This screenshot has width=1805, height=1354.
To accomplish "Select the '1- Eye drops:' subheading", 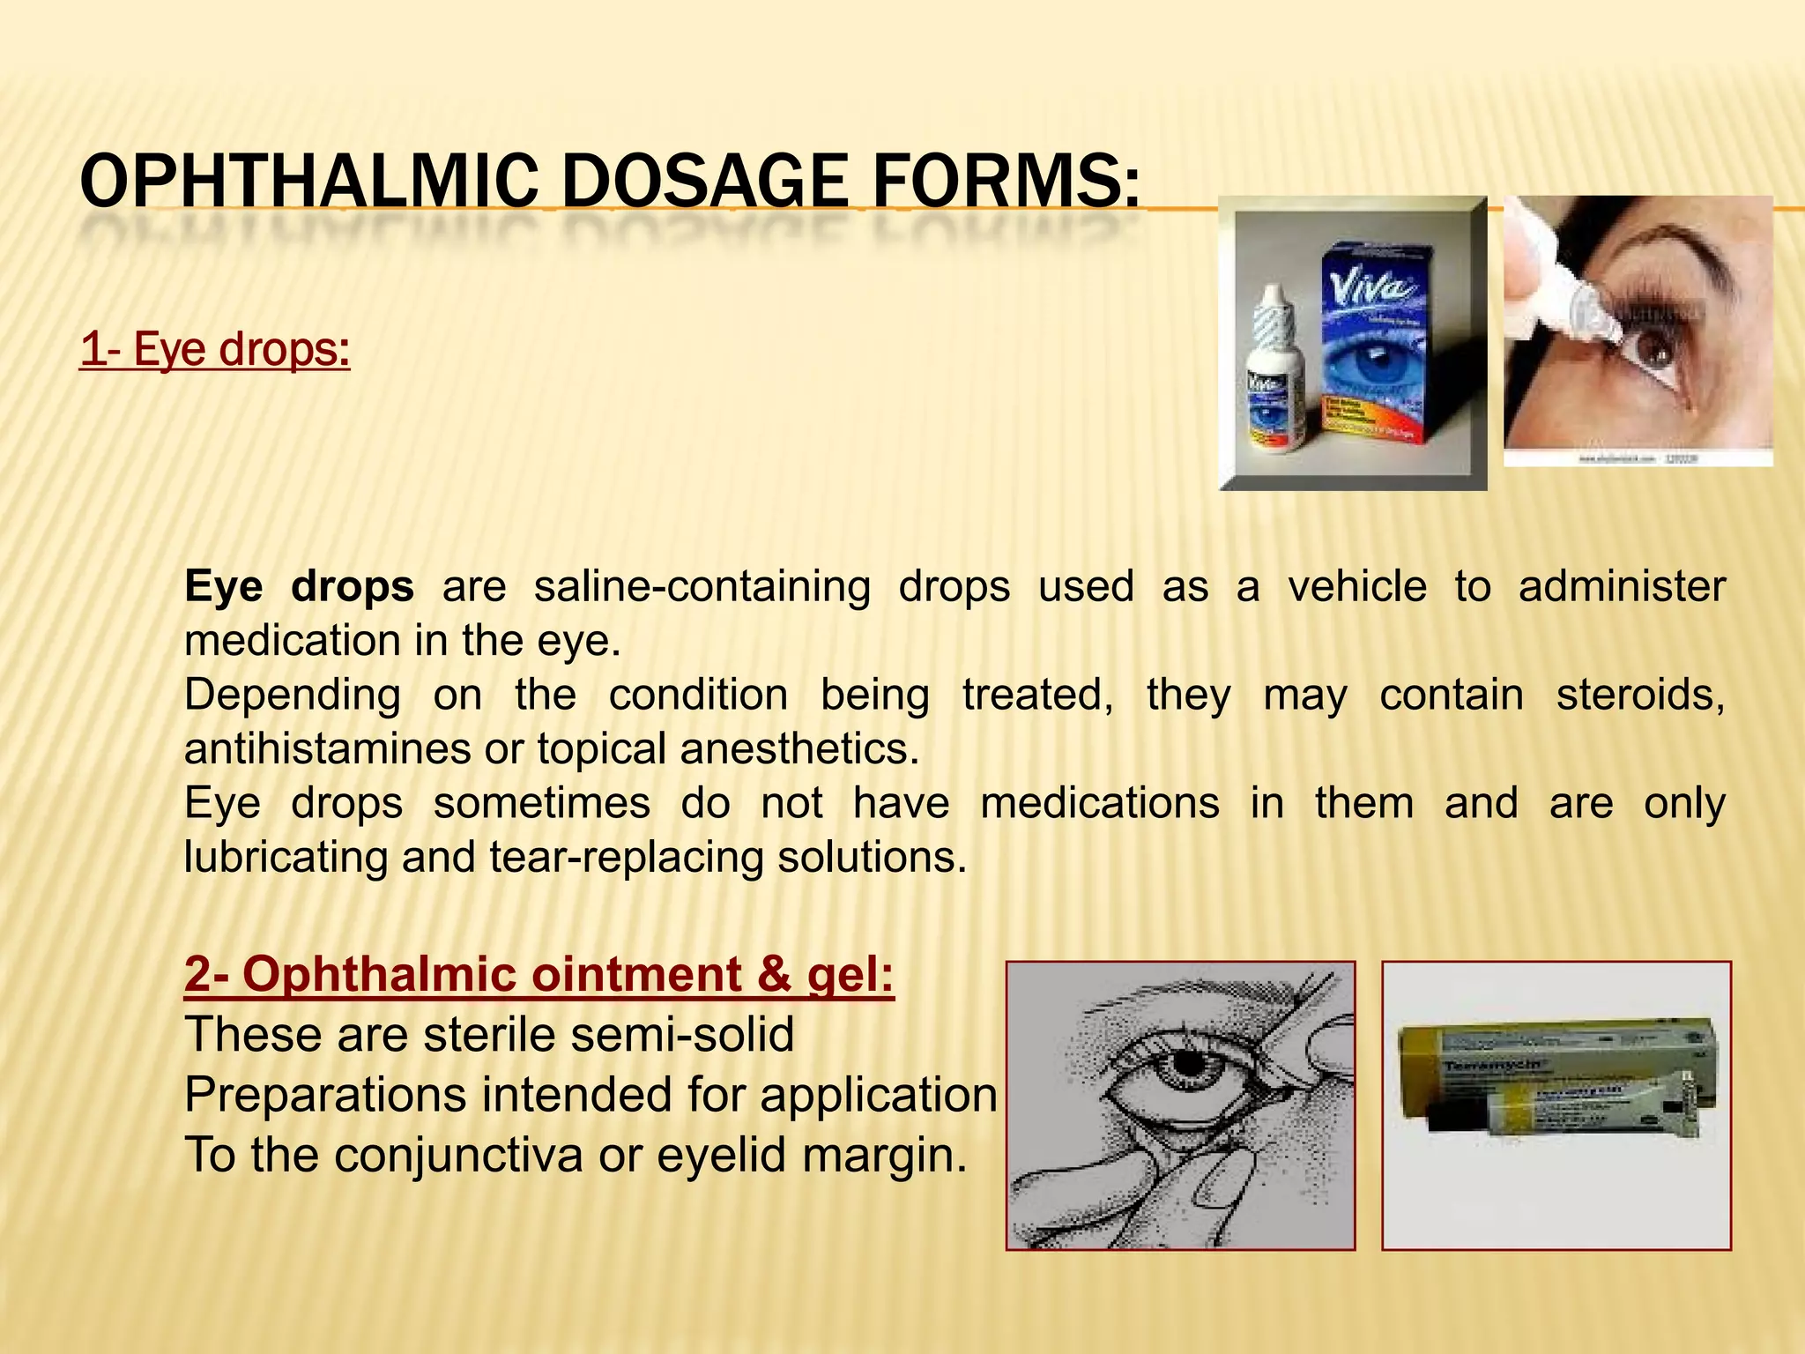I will (214, 349).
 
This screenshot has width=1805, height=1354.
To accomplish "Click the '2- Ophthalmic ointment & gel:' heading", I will (539, 975).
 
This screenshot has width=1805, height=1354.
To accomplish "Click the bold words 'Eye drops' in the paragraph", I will (299, 587).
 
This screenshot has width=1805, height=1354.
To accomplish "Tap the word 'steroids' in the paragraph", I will (1639, 696).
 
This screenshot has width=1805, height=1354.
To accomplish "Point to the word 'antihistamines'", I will (327, 749).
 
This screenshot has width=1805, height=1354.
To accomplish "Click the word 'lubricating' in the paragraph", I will (286, 857).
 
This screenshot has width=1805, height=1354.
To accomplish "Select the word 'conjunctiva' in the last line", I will (458, 1156).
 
